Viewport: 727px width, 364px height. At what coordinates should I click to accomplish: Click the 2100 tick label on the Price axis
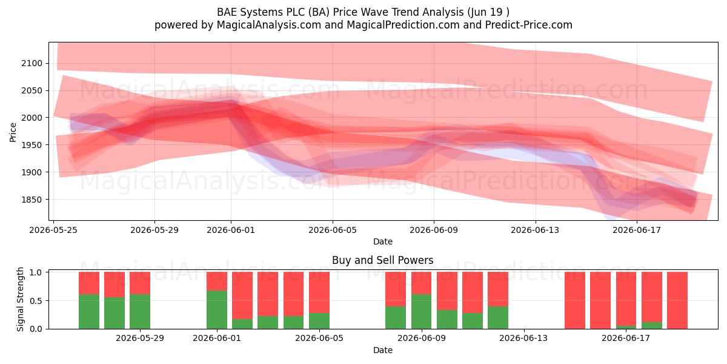(x=32, y=63)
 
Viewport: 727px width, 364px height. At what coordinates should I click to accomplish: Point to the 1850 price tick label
(x=32, y=200)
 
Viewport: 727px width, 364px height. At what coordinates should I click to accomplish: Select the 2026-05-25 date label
(x=53, y=230)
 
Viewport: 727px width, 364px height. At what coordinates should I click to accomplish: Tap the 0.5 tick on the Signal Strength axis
(x=36, y=301)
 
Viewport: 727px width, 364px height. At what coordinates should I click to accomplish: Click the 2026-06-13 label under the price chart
(x=535, y=230)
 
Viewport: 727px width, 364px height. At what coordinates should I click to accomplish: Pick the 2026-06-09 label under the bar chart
(x=422, y=339)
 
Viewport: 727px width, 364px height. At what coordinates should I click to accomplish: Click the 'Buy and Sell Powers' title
(x=383, y=260)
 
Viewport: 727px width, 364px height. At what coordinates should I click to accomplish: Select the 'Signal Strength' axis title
(x=20, y=299)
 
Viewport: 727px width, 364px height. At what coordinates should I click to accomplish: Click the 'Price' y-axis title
(x=13, y=132)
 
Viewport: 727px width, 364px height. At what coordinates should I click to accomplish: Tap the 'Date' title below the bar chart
(x=383, y=350)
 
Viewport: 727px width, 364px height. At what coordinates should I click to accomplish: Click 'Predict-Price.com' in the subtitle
(x=529, y=25)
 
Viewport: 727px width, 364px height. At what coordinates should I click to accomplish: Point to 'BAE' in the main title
(x=225, y=12)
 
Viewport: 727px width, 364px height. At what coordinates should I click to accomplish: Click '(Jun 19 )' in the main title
(x=488, y=12)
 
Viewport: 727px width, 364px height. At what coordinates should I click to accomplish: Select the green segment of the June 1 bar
(x=217, y=310)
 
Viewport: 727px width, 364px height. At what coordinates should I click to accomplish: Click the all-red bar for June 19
(x=677, y=300)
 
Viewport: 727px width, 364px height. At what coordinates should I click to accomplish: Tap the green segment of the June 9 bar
(x=421, y=312)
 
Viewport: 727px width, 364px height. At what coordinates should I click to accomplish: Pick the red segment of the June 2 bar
(x=242, y=295)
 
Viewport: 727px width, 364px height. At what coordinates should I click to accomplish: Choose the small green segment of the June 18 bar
(x=652, y=325)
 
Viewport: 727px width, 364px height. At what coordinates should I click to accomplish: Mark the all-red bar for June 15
(x=575, y=300)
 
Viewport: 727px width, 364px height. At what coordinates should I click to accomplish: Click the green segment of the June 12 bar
(x=498, y=317)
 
